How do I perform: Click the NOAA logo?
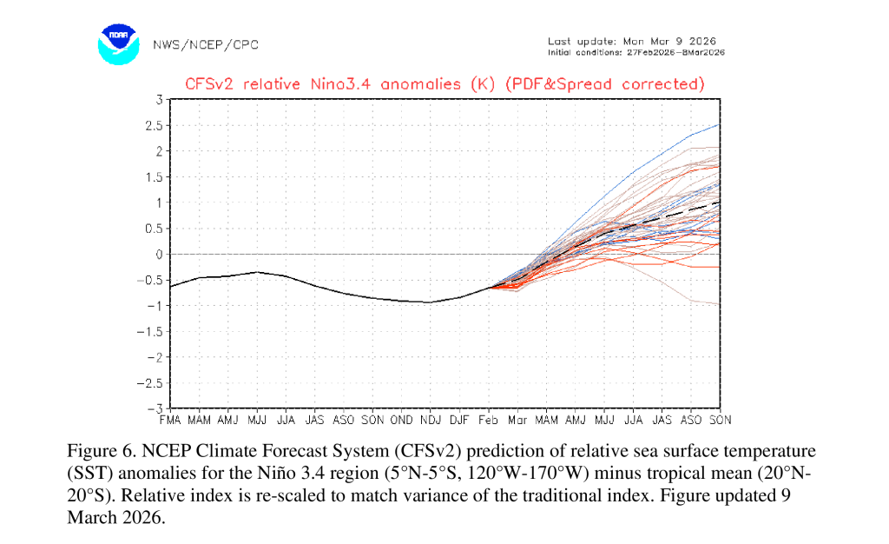coord(118,44)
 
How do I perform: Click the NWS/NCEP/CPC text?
coord(205,45)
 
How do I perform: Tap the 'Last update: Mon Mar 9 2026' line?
coord(632,42)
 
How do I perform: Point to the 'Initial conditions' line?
coord(636,53)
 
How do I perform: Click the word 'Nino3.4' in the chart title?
coord(340,84)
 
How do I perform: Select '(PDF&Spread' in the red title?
coord(558,84)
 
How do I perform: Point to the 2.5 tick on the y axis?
coord(155,125)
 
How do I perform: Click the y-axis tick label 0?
coord(160,254)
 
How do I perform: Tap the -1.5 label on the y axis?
coord(149,331)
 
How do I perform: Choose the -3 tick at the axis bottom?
coord(155,408)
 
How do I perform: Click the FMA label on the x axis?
coord(170,421)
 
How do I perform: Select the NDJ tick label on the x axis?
coord(431,421)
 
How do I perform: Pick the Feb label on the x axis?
coord(488,421)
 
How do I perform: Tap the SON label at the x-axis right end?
coord(720,421)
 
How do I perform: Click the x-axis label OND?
coord(401,421)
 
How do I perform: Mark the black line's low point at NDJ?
coord(431,302)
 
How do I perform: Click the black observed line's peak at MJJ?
coord(257,272)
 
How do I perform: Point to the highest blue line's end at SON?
coord(720,124)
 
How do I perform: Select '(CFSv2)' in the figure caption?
coord(428,451)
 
